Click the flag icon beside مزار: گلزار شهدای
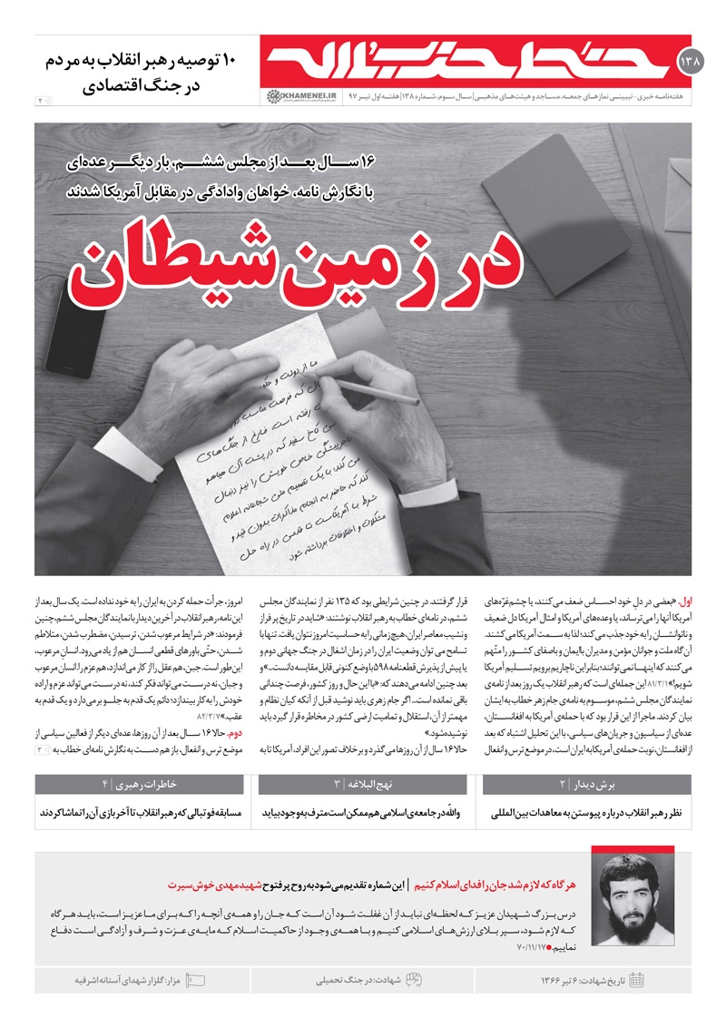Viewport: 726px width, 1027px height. (x=195, y=980)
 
